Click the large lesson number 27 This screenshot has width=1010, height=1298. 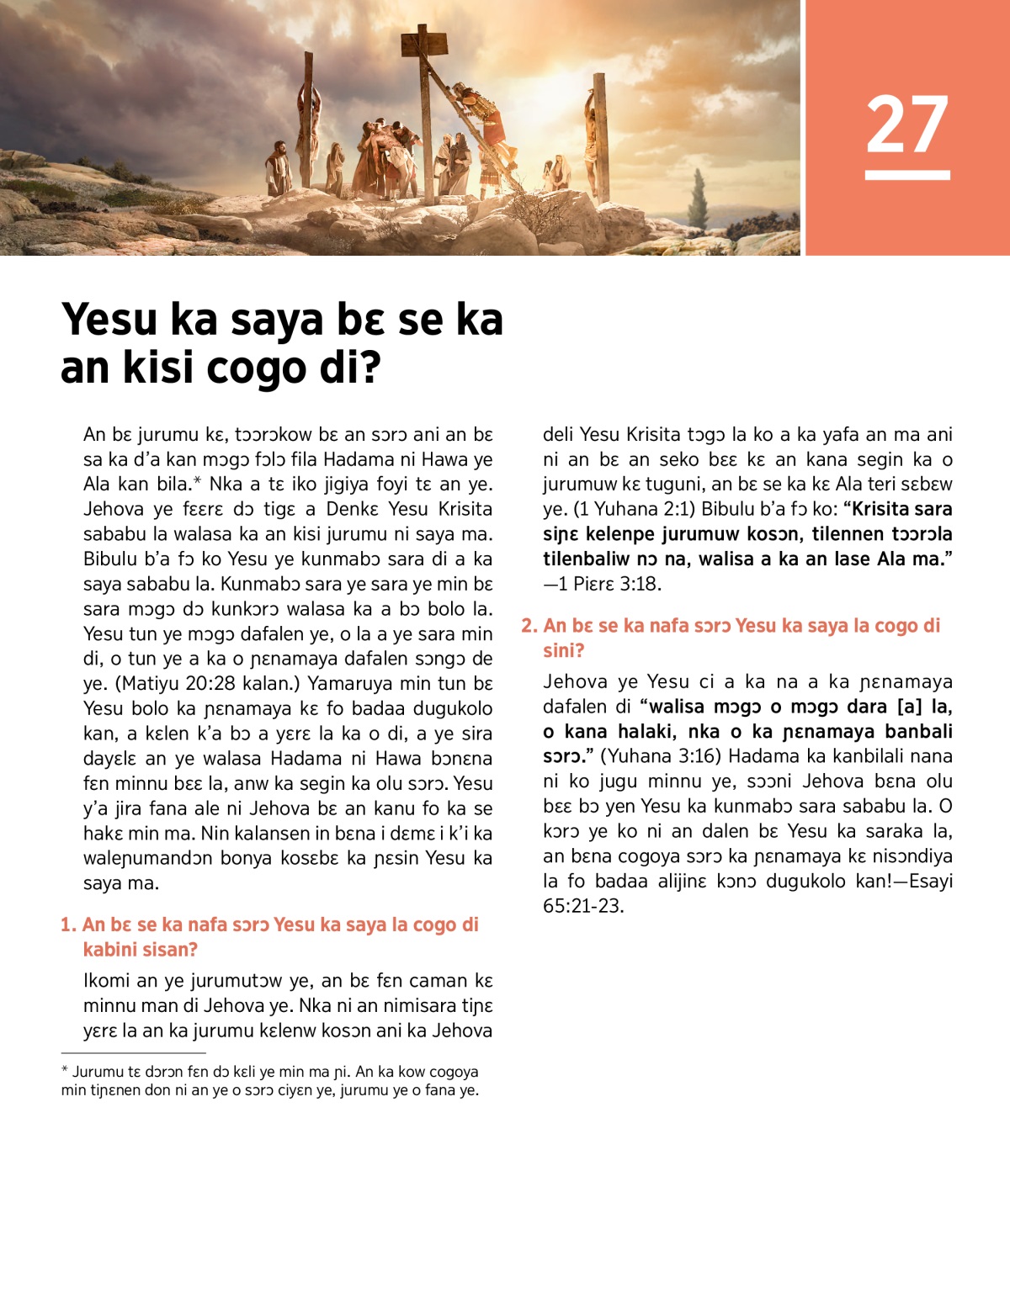907,125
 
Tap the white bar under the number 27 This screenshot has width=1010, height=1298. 907,175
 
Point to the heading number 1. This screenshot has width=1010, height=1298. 67,924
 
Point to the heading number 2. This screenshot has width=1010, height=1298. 529,625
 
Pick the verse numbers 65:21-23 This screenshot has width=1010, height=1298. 583,905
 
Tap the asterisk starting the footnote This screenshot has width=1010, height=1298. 65,1072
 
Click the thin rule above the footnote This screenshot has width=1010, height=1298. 133,1052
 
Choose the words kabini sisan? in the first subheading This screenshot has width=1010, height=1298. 141,950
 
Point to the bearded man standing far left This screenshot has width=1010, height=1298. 277,168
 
